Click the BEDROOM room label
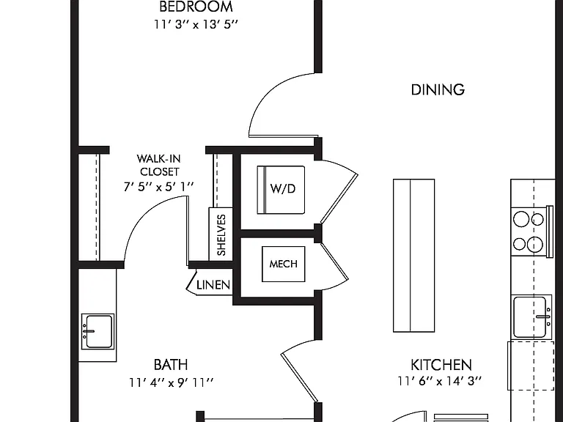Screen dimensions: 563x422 pos(196,7)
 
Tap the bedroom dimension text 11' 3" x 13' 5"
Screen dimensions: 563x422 pos(196,24)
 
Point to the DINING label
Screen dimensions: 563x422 pos(438,89)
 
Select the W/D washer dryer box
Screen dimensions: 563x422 pos(281,190)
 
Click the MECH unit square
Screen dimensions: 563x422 pos(284,264)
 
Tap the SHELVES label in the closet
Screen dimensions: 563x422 pos(221,235)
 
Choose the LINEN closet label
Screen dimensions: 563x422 pos(213,285)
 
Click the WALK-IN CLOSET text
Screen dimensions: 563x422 pos(159,165)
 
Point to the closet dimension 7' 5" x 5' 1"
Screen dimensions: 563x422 pos(158,187)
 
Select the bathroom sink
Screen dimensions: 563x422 pos(97,331)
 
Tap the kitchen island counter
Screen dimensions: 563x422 pos(414,256)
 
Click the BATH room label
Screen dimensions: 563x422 pos(171,365)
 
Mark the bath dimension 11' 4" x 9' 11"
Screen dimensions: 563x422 pos(172,382)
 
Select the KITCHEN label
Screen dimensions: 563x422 pos(441,365)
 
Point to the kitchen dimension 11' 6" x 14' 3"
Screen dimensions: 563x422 pos(440,381)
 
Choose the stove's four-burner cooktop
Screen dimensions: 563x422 pos(528,232)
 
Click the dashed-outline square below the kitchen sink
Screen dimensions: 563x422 pos(531,366)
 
